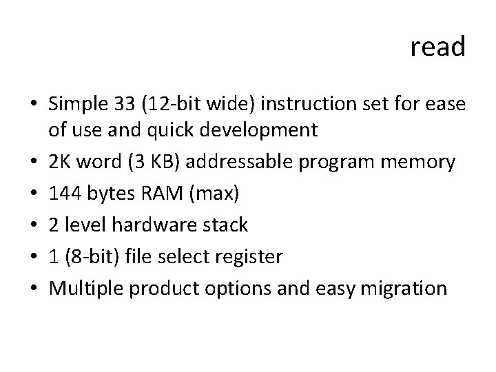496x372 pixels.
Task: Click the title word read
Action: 438,48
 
